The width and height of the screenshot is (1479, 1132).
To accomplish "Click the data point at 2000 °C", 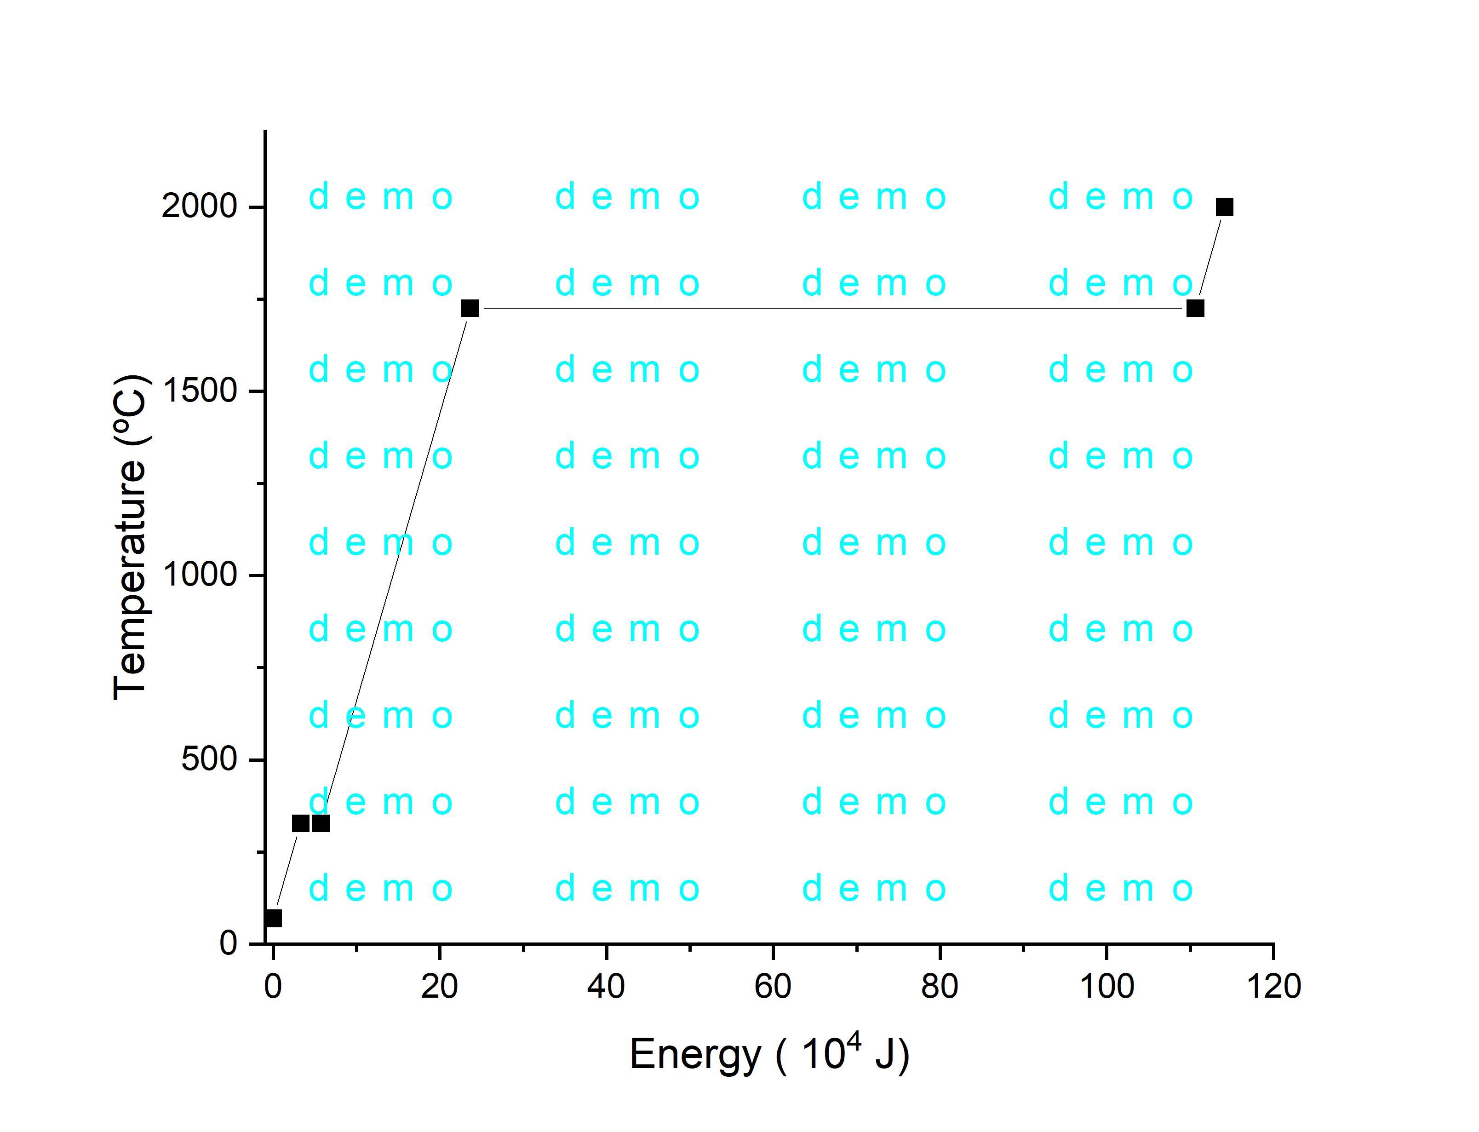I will (1224, 207).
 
